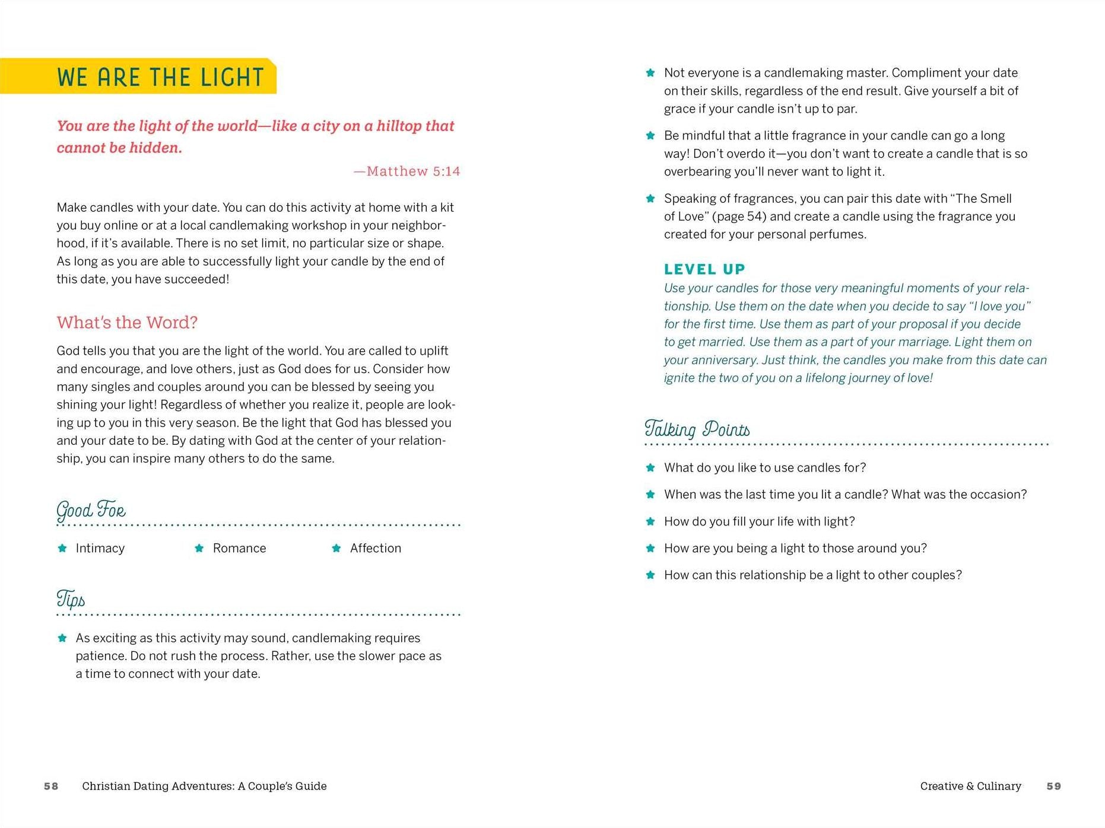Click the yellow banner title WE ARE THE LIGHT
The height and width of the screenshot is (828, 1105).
[x=160, y=78]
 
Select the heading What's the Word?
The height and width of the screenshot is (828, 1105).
[x=127, y=323]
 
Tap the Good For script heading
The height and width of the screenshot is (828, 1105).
[x=91, y=510]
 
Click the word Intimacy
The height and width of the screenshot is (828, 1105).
[x=100, y=549]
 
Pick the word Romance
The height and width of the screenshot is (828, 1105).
[x=239, y=549]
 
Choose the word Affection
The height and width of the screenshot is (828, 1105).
[x=375, y=549]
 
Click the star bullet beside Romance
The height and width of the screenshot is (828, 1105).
[x=199, y=549]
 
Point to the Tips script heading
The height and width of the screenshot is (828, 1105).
[x=71, y=599]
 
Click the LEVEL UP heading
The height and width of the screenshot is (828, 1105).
[x=704, y=270]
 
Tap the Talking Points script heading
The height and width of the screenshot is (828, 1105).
[x=697, y=429]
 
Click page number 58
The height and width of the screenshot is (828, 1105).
[x=51, y=786]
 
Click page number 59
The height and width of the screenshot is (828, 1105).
[x=1053, y=786]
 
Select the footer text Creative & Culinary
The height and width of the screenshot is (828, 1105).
[x=970, y=786]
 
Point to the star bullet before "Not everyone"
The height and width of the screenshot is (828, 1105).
[x=650, y=73]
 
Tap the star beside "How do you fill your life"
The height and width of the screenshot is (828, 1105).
[x=650, y=522]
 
